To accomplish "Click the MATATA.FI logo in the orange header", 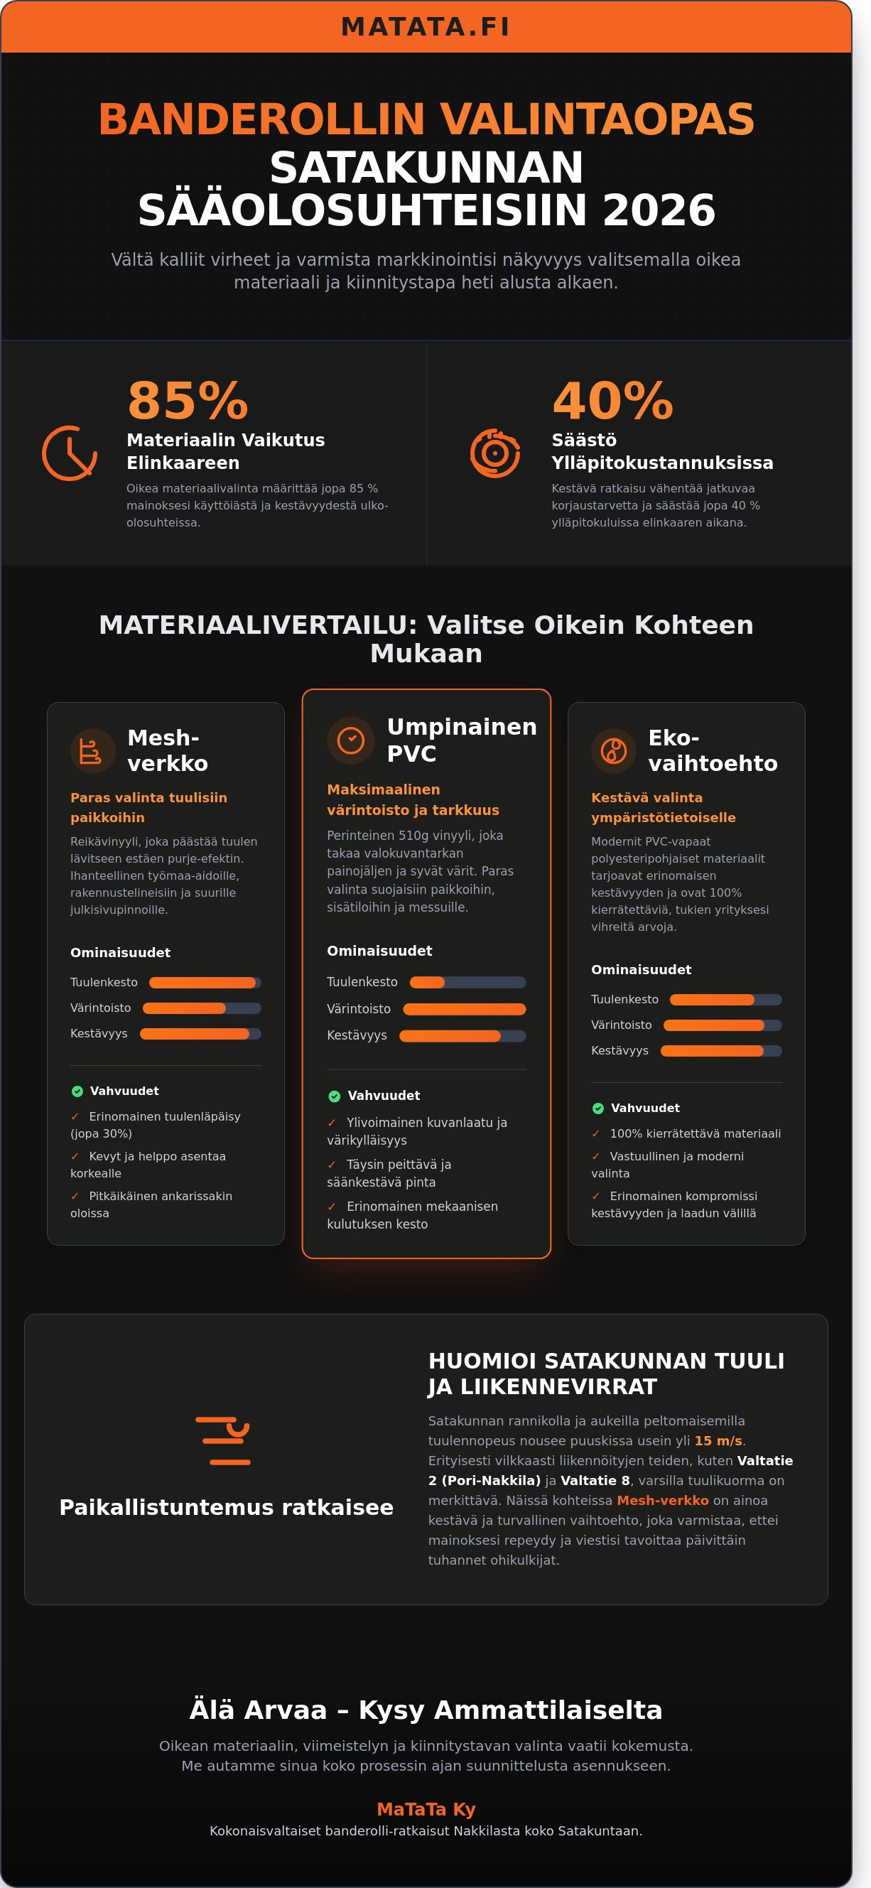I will point(426,27).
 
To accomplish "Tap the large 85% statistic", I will point(188,401).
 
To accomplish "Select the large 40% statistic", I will point(612,401).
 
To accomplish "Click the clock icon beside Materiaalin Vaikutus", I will point(70,453).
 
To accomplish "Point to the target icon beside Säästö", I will point(495,453).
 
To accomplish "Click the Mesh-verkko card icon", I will point(92,750).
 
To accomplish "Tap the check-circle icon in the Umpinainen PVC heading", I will point(351,740).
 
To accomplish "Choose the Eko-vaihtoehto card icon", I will point(614,750).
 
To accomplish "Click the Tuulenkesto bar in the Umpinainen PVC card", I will point(467,982).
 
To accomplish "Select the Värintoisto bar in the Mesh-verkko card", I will point(202,1008).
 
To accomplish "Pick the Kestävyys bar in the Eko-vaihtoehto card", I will point(721,1051).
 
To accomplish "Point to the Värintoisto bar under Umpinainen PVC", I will point(465,1009).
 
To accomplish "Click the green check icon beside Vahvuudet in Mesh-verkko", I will point(77,1091).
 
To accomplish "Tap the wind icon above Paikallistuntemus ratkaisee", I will point(223,1441).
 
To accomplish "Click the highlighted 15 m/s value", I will point(718,1441).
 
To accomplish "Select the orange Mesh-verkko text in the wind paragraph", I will point(662,1500).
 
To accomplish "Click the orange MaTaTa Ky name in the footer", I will point(426,1809).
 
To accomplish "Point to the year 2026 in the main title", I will point(659,210).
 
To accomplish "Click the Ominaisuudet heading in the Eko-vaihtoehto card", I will point(641,970).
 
